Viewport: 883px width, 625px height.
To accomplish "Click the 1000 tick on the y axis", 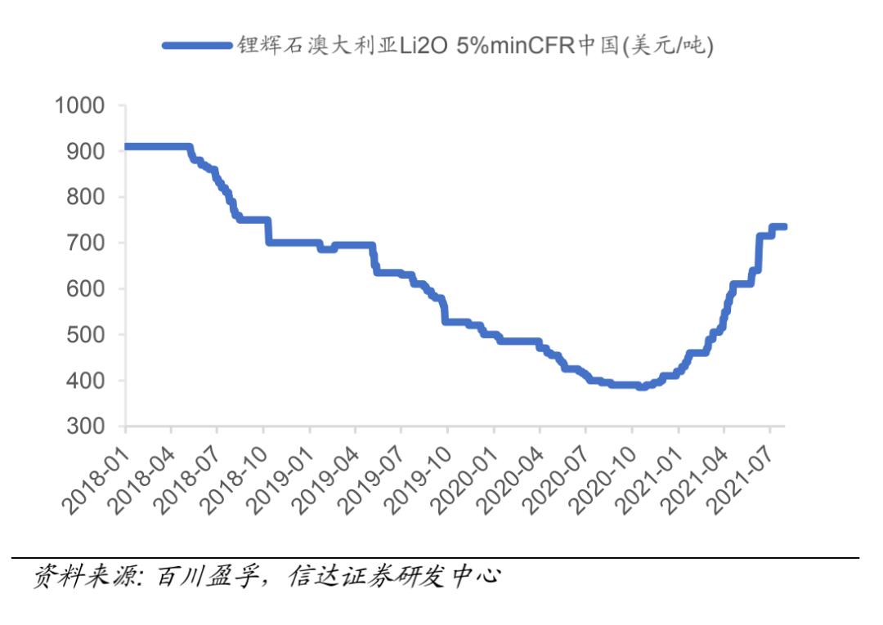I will tap(79, 105).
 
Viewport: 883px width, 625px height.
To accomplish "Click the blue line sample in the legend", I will tap(196, 46).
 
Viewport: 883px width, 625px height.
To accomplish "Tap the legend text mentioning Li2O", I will tap(475, 46).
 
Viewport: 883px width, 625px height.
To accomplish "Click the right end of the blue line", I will tap(783, 226).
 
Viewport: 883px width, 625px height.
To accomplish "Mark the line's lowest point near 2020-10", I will tap(642, 386).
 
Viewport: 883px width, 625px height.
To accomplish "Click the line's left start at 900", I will tap(127, 147).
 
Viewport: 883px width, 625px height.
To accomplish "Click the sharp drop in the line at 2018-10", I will tap(267, 231).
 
